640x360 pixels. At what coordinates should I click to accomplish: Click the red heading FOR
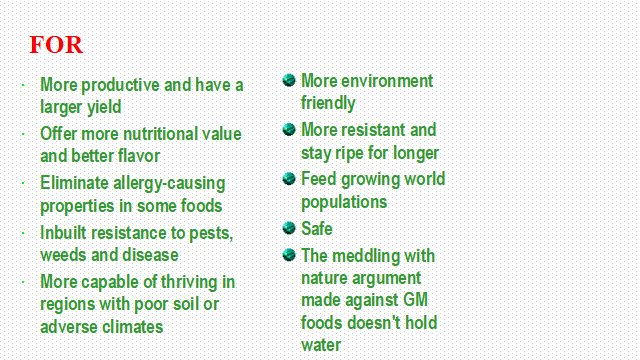pos(56,44)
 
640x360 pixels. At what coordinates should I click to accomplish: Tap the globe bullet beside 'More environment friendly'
pos(289,80)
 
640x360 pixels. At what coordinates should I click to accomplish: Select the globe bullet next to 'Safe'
pos(289,228)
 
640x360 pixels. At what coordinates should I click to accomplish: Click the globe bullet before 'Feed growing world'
pos(289,178)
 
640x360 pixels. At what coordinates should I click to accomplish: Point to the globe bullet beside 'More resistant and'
pos(289,129)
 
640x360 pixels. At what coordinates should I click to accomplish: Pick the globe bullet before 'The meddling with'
pos(289,255)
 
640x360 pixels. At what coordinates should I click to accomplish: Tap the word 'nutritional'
pos(158,134)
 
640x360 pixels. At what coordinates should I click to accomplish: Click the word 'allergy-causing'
pos(169,184)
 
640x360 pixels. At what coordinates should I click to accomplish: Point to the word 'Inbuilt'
pos(63,233)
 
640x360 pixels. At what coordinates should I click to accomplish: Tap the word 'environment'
pos(387,81)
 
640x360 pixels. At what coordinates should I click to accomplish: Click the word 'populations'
pos(344,202)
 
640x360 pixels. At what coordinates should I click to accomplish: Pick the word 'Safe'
pos(317,229)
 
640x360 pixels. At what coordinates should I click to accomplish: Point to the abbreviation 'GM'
pos(415,300)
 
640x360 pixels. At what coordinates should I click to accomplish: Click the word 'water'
pos(321,345)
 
